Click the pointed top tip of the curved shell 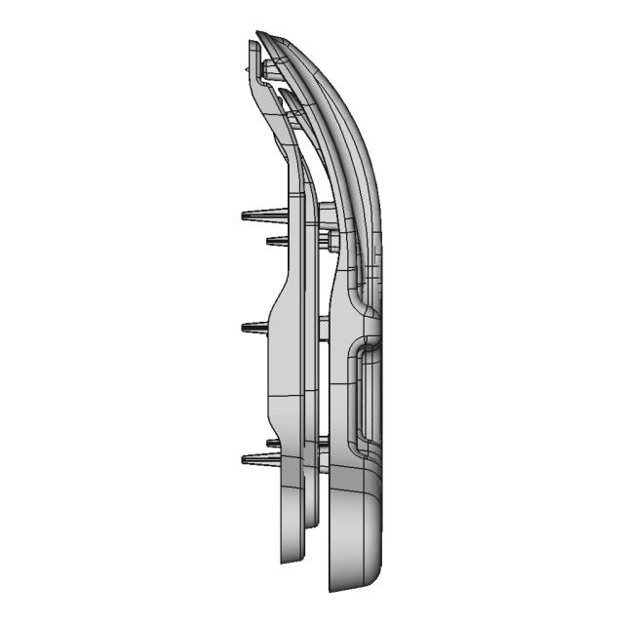click(258, 35)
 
